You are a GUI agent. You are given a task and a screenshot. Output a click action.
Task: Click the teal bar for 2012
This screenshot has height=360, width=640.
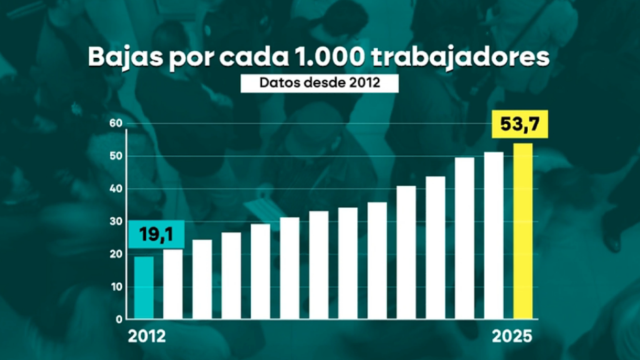[x=144, y=287]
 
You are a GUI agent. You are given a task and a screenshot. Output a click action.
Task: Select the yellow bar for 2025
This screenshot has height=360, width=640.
[x=522, y=231]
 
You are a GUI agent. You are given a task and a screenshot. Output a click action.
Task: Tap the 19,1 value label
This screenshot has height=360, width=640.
[x=156, y=236]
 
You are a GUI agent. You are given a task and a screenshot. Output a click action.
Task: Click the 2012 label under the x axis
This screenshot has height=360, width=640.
[x=147, y=336]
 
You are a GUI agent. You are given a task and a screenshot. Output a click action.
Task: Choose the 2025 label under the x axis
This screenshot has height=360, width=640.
[x=512, y=336]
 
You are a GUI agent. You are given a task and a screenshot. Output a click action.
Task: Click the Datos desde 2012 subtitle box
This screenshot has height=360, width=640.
[x=319, y=83]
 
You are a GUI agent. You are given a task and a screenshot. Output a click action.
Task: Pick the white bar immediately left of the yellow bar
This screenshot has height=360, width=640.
[x=494, y=236]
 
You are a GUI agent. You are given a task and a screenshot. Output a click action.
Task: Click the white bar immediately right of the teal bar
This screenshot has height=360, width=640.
[x=173, y=284]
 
